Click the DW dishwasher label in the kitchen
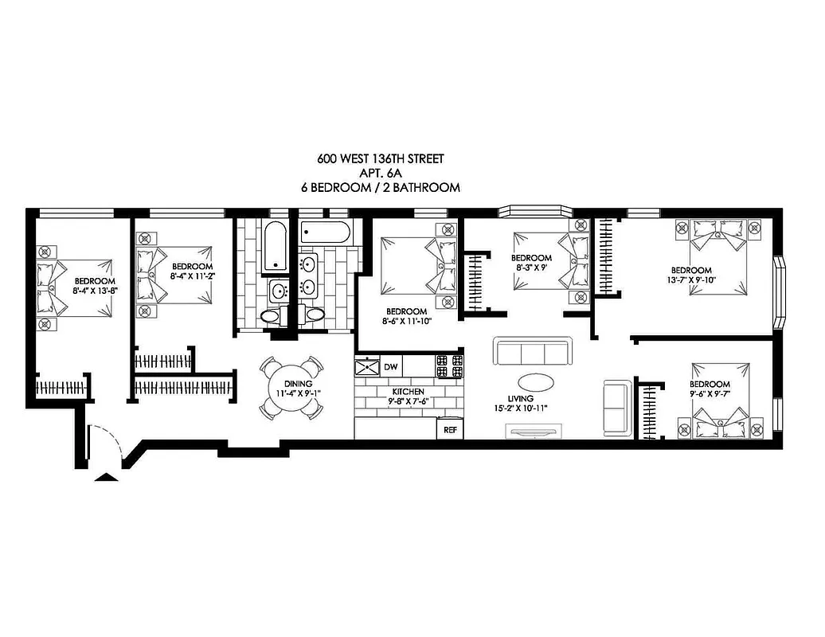[x=390, y=367]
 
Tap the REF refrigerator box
[x=448, y=429]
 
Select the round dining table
[x=292, y=388]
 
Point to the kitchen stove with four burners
[x=448, y=366]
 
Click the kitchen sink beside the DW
[x=368, y=367]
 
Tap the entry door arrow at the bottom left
[x=104, y=475]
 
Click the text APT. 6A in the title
[x=380, y=173]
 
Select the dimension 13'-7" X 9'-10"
[x=690, y=279]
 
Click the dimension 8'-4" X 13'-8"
[x=95, y=291]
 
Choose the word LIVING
[x=520, y=398]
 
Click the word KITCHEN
[x=407, y=392]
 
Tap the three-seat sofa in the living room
[x=532, y=351]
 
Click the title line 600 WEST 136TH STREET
[x=380, y=158]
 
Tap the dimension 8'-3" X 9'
[x=531, y=268]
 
